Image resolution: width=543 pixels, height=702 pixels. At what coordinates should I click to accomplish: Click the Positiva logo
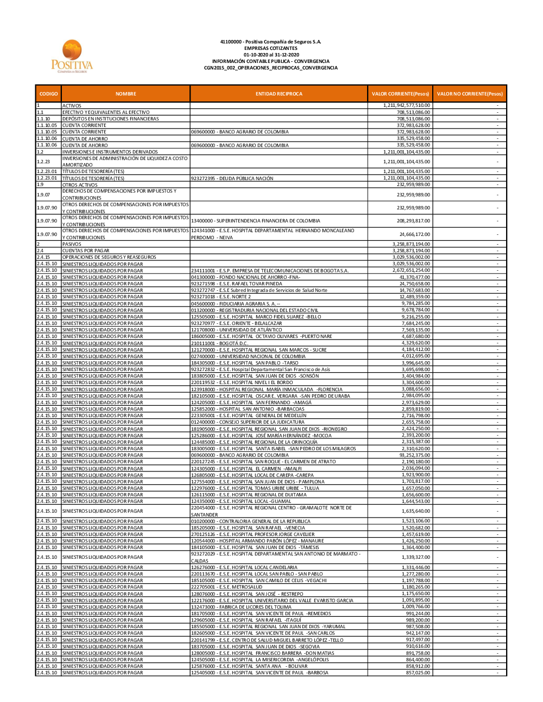tap(72, 56)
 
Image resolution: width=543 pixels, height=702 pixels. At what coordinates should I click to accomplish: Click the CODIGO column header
tap(48, 94)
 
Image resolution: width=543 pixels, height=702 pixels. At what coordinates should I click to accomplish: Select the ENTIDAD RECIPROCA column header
tap(279, 94)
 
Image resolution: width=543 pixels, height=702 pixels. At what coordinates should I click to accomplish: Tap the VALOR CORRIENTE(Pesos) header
tap(400, 94)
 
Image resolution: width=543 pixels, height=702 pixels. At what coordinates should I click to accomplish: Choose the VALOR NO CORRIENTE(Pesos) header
tap(470, 94)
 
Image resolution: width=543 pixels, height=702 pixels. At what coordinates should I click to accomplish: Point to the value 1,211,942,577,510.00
tap(406, 105)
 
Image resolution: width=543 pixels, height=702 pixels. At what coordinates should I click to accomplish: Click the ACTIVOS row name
tap(72, 106)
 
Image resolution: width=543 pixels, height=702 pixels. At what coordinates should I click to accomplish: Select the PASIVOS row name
tap(72, 244)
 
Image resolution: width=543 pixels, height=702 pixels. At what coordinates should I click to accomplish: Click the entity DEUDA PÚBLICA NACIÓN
tap(232, 178)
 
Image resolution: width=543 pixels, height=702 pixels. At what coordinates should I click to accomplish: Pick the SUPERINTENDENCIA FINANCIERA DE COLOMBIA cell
tap(255, 221)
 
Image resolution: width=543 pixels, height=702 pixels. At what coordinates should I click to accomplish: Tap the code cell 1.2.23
tap(43, 162)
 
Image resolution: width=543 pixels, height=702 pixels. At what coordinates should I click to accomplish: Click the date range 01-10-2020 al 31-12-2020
tap(271, 55)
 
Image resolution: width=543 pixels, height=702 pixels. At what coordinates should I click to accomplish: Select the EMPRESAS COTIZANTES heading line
tap(271, 48)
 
